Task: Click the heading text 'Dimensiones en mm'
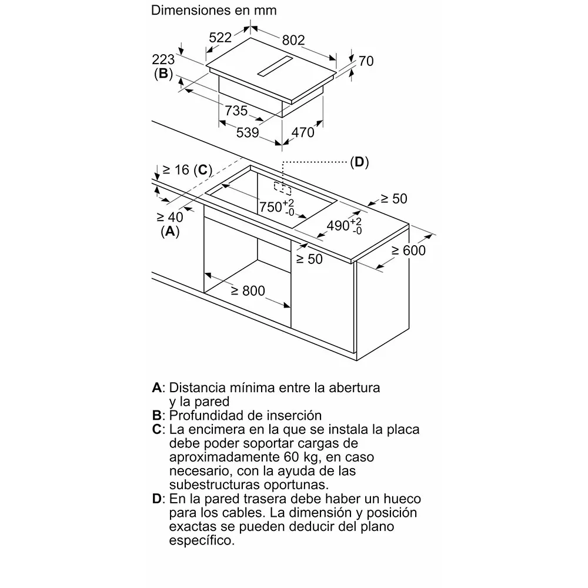coord(214,10)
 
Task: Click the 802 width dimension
coord(293,40)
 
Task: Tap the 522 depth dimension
coord(220,38)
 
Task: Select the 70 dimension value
coord(366,61)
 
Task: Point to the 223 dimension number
coord(163,59)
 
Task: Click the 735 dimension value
coord(236,111)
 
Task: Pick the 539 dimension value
coord(248,132)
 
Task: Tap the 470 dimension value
coord(303,132)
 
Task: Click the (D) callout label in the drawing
coord(359,162)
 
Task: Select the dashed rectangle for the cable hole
coord(282,189)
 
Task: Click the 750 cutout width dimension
coord(277,208)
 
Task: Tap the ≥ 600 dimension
coord(409,250)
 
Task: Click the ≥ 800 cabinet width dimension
coord(248,290)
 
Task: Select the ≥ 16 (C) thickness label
coord(187,170)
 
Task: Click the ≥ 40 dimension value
coord(170,217)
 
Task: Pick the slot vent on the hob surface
coord(275,66)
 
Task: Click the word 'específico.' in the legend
coord(202,541)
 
